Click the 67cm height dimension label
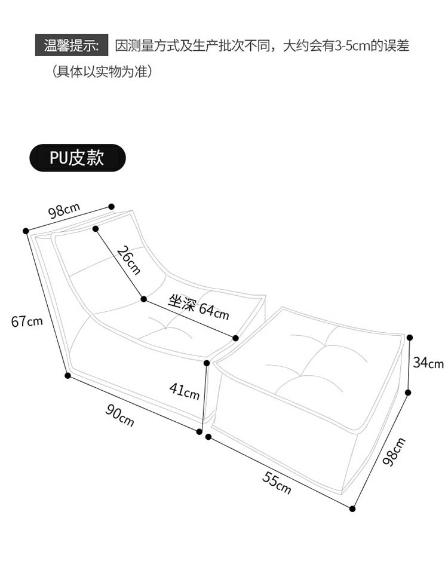[x=27, y=321]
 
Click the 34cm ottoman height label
[x=428, y=363]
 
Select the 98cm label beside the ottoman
[x=394, y=452]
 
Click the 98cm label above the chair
[x=63, y=211]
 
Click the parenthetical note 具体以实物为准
[x=102, y=72]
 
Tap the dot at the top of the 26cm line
[x=96, y=229]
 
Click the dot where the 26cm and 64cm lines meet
[x=143, y=299]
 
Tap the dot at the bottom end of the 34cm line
[x=409, y=393]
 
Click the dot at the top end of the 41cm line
[x=207, y=363]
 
